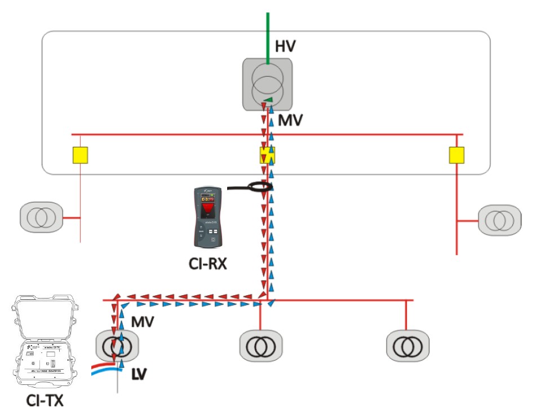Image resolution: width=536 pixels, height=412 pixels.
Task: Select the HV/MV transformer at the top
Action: point(268,84)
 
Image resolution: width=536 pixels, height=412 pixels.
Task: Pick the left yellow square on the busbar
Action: point(81,155)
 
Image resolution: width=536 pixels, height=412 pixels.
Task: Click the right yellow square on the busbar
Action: point(457,155)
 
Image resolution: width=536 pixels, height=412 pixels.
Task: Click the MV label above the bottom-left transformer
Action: point(143,322)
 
